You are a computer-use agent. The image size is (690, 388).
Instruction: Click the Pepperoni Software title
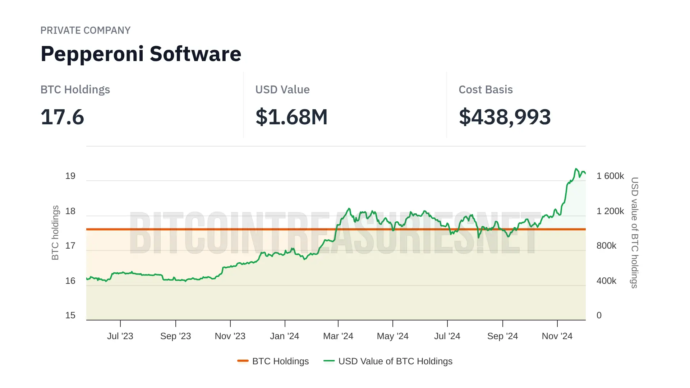click(x=141, y=54)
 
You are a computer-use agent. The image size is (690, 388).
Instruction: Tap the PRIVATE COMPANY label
click(x=85, y=31)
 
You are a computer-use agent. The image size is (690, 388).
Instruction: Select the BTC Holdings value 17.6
click(x=62, y=117)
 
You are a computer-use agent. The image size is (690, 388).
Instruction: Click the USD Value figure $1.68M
click(x=291, y=117)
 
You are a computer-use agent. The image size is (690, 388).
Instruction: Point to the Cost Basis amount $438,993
click(x=505, y=117)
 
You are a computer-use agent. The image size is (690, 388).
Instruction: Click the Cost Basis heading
click(x=486, y=89)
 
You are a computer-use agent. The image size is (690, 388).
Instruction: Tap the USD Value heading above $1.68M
click(x=282, y=89)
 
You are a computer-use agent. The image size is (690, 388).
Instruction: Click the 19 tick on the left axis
click(x=70, y=176)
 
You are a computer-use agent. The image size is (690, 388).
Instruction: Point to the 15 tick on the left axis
click(x=70, y=315)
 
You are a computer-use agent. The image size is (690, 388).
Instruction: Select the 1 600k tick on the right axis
click(x=610, y=176)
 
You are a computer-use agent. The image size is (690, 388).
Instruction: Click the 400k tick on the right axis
click(x=606, y=281)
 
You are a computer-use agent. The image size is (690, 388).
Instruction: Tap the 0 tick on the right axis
click(x=599, y=315)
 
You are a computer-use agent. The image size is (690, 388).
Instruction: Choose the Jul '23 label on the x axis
click(x=120, y=336)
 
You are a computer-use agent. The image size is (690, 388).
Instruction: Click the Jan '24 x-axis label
click(x=285, y=336)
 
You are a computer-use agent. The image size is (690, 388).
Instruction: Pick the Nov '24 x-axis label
click(x=557, y=336)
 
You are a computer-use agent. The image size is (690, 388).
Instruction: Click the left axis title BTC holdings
click(x=55, y=233)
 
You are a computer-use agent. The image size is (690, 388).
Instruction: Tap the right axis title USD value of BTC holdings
click(x=635, y=233)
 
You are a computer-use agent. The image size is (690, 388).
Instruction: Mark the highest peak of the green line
click(x=576, y=168)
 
